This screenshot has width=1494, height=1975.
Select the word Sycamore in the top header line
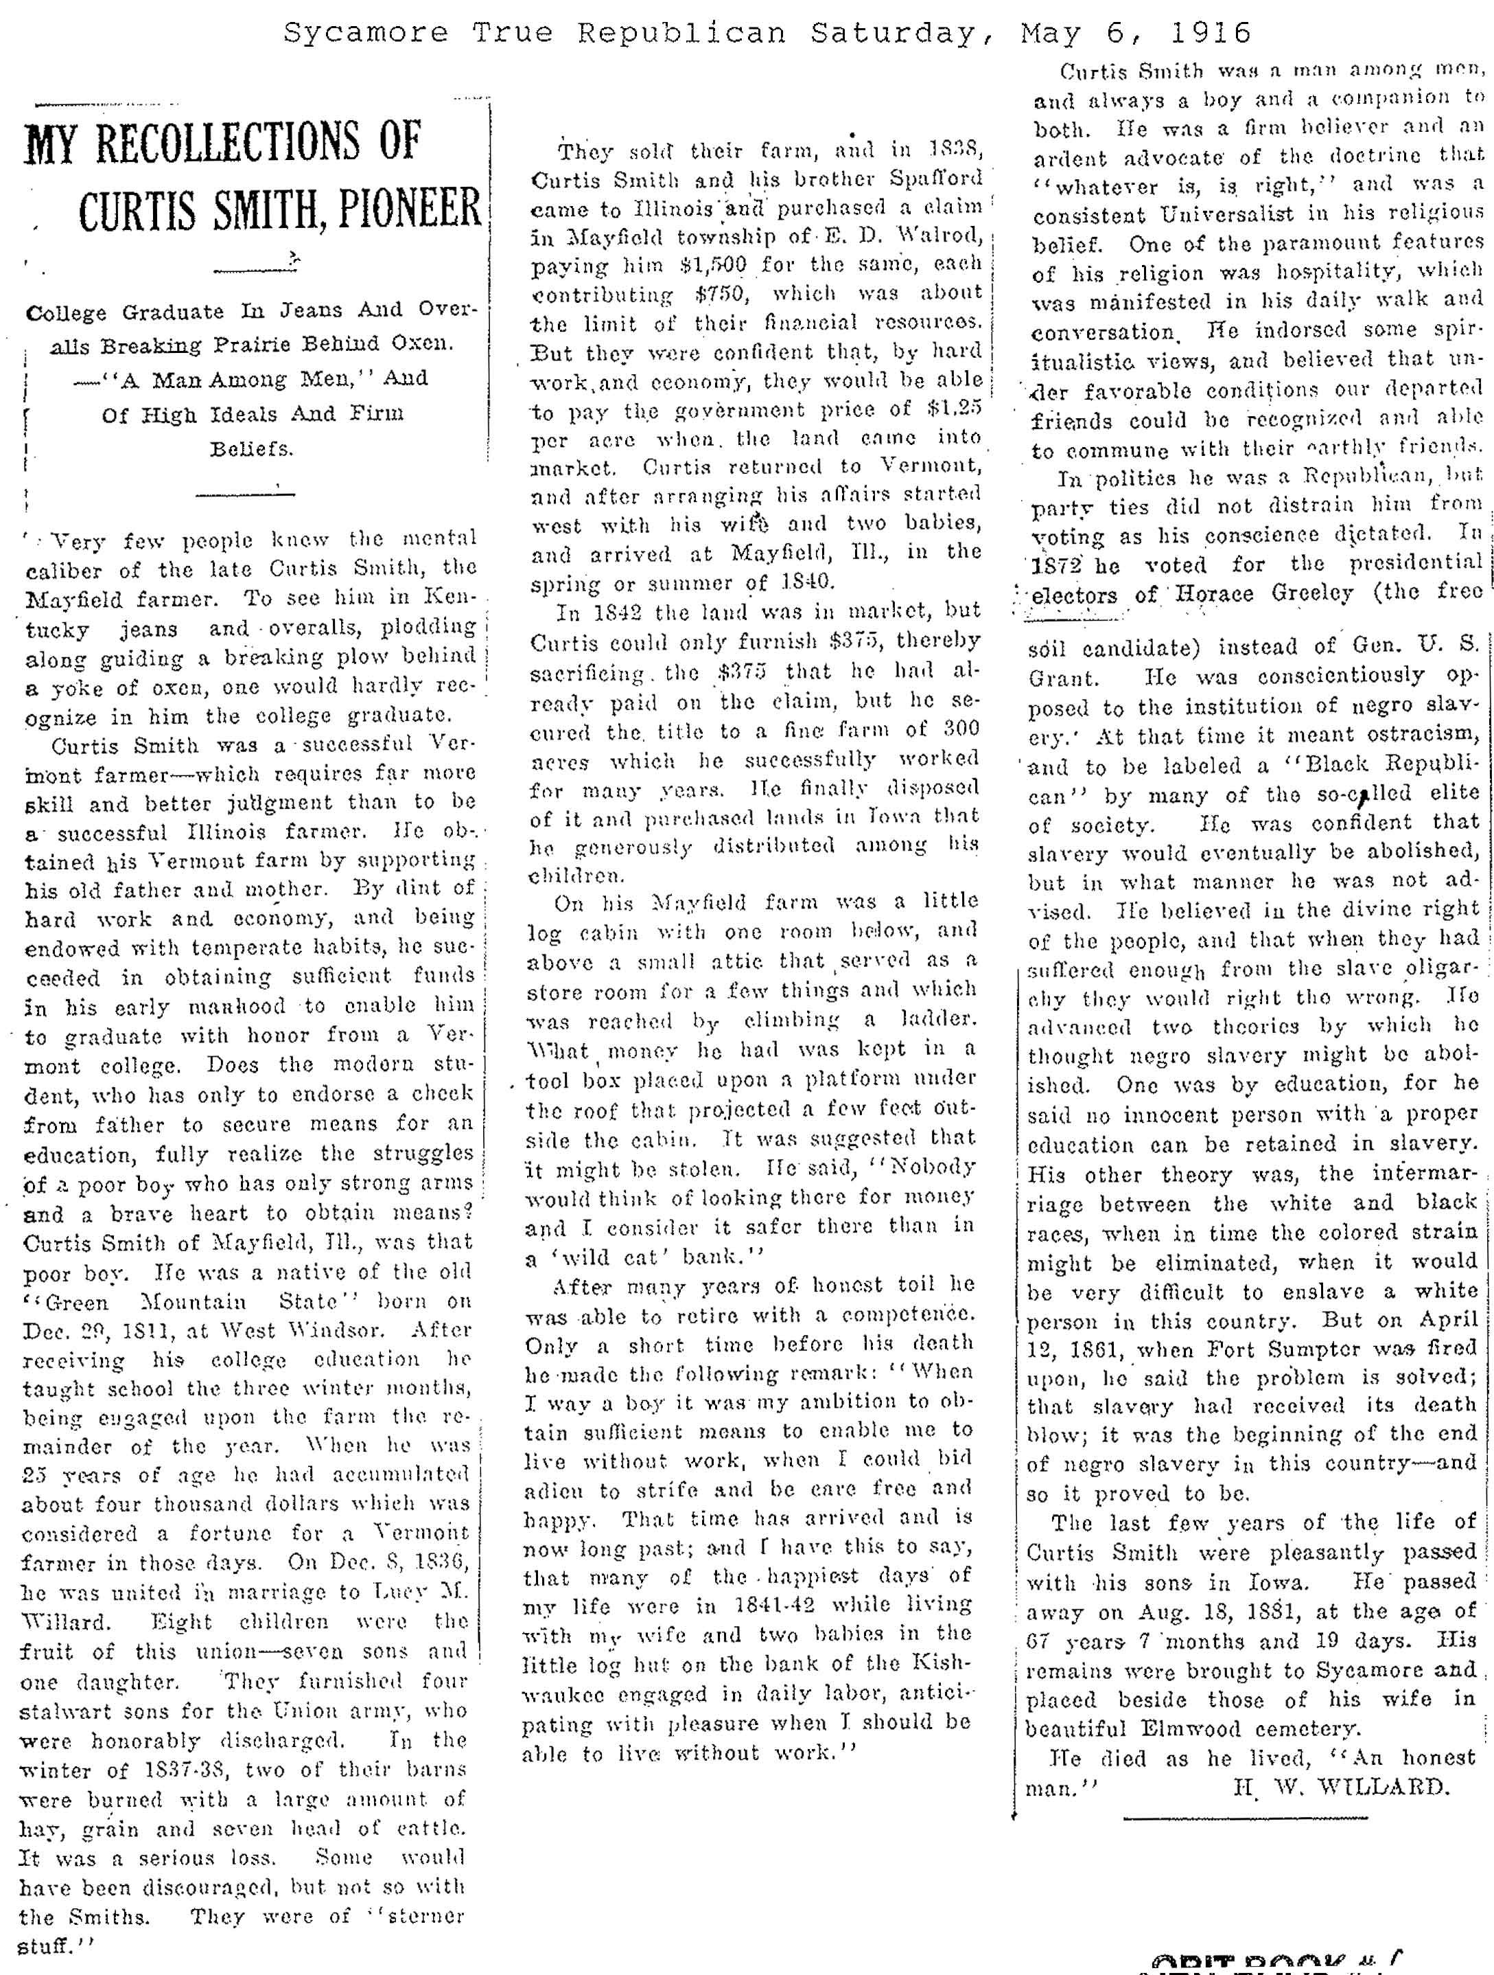pos(365,34)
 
